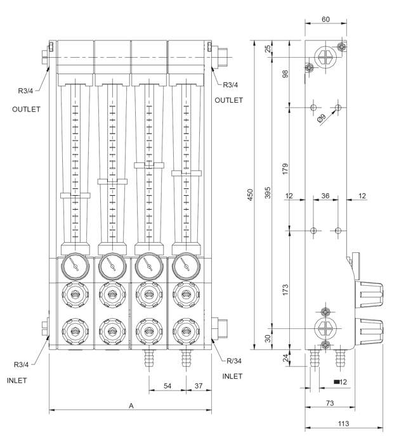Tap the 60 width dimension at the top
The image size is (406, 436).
click(325, 20)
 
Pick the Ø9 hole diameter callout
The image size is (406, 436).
click(322, 118)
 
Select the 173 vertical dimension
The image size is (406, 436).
click(285, 290)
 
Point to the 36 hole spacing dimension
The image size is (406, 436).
click(325, 196)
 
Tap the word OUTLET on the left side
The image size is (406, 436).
click(26, 109)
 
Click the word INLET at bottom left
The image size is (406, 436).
click(18, 381)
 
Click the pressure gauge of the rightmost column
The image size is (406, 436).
click(185, 266)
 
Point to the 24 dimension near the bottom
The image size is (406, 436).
click(285, 359)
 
